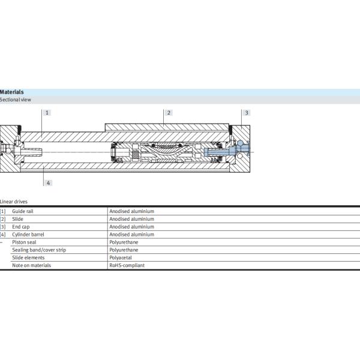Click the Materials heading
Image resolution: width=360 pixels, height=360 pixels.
[12, 92]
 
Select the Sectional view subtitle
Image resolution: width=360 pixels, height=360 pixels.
[16, 100]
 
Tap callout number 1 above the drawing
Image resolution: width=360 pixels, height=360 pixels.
[47, 113]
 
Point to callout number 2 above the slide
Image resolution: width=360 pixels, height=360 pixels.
[169, 113]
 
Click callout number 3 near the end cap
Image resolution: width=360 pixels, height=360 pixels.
[247, 113]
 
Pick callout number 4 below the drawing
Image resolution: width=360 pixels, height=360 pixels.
[48, 183]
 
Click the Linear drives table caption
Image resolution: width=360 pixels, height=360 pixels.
[14, 202]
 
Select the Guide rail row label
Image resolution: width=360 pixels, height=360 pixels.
[23, 211]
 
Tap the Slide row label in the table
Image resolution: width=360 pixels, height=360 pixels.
[17, 219]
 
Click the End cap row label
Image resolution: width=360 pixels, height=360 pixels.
[21, 227]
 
